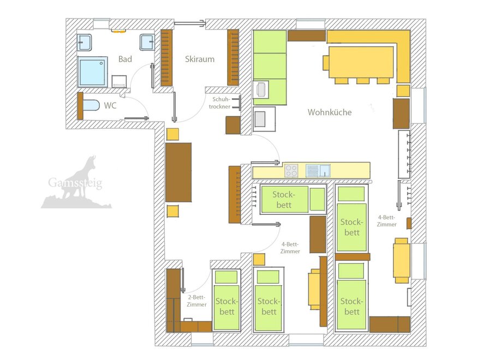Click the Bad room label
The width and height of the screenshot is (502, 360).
(125, 59)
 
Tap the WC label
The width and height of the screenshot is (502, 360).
(110, 106)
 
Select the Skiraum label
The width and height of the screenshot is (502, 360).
(200, 59)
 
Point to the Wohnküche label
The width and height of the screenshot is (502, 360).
(330, 112)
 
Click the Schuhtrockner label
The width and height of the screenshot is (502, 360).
(220, 103)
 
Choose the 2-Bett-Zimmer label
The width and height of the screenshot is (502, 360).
(196, 301)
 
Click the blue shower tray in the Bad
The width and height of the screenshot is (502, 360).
(93, 72)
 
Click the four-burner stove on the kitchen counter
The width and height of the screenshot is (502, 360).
(291, 171)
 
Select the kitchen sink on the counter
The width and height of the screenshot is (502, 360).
(318, 171)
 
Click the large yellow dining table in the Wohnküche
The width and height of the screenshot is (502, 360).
(361, 62)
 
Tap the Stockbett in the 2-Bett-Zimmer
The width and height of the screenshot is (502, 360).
(226, 300)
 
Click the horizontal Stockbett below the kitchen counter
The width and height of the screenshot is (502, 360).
(293, 199)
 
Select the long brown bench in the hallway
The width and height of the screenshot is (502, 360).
(178, 172)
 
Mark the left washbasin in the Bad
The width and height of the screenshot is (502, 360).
(85, 43)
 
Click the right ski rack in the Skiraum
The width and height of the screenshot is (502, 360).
(233, 58)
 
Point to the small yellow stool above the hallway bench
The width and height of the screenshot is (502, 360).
(172, 134)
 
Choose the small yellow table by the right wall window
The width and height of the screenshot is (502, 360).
(402, 261)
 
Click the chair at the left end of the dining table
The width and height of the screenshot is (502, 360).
(326, 63)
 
